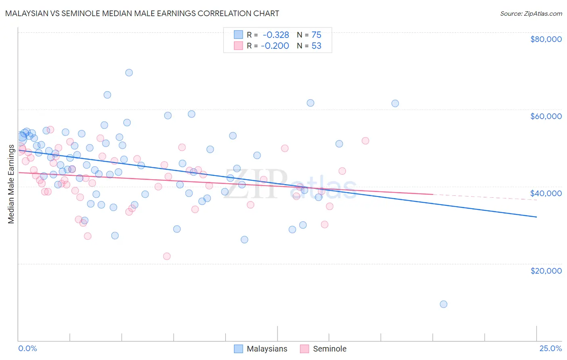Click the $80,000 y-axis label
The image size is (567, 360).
click(546, 39)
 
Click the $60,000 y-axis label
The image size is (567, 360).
click(546, 116)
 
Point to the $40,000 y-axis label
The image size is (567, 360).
click(546, 193)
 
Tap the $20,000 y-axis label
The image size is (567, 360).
click(546, 271)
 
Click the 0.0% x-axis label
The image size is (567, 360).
click(27, 348)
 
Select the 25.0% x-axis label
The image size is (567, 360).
click(550, 348)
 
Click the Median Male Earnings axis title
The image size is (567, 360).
click(11, 184)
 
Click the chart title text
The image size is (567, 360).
click(142, 13)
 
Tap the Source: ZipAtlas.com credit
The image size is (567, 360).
click(531, 13)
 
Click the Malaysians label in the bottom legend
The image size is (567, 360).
click(267, 349)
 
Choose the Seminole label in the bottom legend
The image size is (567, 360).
click(329, 349)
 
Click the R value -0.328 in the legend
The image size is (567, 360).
click(276, 35)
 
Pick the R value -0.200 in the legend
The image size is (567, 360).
click(275, 46)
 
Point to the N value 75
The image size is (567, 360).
click(316, 35)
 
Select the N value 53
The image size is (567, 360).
click(316, 46)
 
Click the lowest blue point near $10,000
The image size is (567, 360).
click(444, 304)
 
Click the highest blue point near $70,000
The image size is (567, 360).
click(129, 73)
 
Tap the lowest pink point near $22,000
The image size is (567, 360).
click(167, 256)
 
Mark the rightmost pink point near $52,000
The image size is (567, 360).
click(365, 141)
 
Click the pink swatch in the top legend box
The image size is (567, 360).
click(238, 46)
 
